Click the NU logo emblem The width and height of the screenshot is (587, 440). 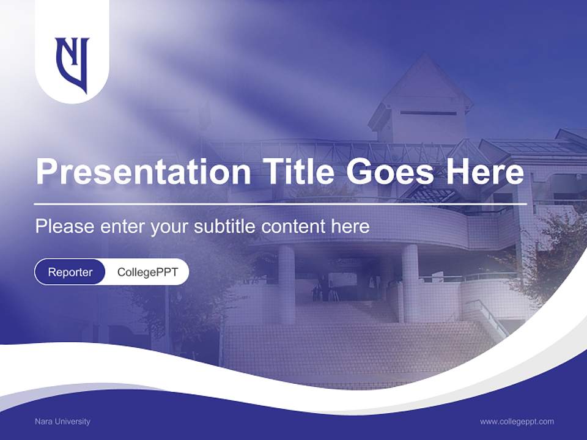pos(72,64)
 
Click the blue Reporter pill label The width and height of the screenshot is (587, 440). pos(70,272)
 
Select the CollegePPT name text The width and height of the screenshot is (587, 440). pos(147,272)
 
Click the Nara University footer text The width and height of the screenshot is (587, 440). pos(62,421)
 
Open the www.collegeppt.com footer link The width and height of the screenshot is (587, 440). pos(517,421)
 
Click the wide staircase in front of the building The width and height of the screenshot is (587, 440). pos(355,348)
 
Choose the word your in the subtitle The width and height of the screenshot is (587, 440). pos(169,227)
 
